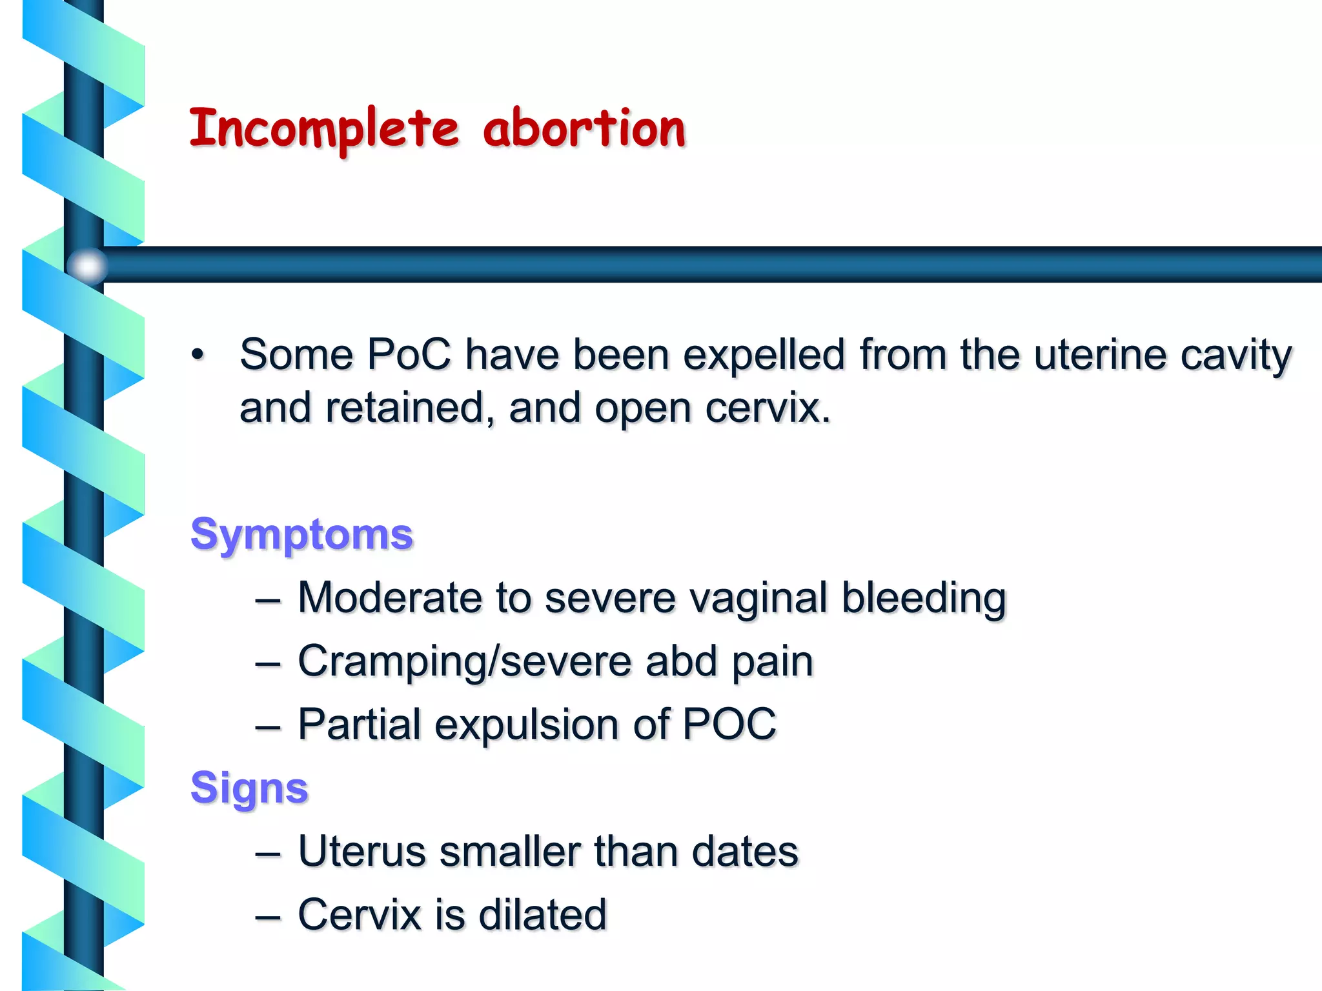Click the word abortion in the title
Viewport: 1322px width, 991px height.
pos(584,128)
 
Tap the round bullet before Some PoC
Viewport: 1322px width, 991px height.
pos(198,354)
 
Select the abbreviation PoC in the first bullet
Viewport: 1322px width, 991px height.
pos(409,354)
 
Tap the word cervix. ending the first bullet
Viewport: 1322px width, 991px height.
pos(768,408)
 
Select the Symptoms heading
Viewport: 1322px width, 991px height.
pos(301,534)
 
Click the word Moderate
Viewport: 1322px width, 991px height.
pos(389,597)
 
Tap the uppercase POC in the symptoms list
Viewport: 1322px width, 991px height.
pos(729,723)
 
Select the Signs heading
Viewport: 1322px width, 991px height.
pos(249,788)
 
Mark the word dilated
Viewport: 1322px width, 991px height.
pos(542,914)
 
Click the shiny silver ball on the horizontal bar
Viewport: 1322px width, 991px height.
pos(87,265)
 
